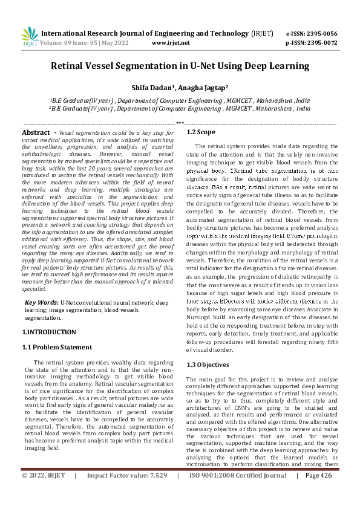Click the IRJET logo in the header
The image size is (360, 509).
[30, 37]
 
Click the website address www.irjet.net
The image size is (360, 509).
[171, 44]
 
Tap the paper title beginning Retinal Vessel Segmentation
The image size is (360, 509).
[180, 66]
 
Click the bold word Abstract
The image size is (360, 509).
[36, 132]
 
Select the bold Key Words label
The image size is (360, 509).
[41, 302]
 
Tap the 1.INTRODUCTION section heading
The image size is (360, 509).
[49, 332]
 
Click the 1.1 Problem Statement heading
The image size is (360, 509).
[57, 347]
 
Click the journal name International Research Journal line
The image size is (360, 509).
[148, 33]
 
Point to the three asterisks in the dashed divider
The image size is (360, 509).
[180, 123]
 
